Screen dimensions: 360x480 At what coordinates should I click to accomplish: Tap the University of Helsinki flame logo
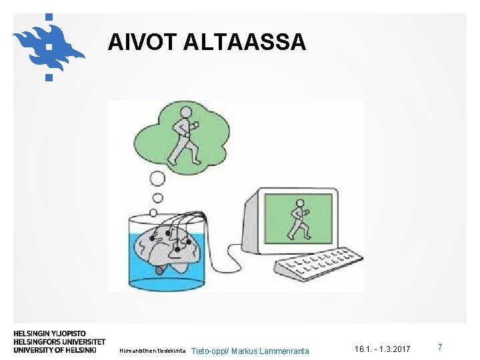tap(47, 45)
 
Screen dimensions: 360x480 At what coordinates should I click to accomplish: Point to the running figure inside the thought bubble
tap(183, 141)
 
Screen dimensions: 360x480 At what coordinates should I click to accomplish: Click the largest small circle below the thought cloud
tap(157, 179)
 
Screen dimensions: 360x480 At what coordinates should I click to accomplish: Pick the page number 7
tap(440, 347)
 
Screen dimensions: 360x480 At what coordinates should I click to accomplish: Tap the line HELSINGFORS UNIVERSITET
tap(59, 341)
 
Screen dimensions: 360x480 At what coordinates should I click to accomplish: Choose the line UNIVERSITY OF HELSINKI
tap(55, 349)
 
